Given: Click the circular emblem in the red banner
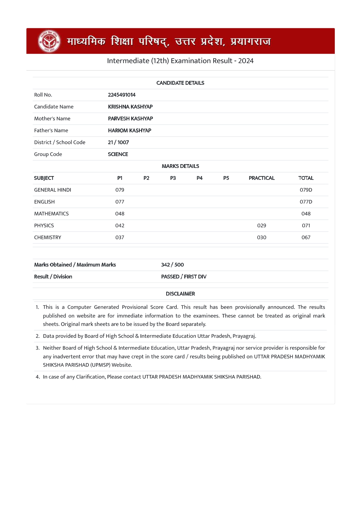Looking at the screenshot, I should coord(50,41).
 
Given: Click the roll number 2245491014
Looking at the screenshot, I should coord(122,95).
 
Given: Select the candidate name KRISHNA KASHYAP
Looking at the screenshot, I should coord(130,107).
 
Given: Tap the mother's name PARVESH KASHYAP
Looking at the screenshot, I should coord(130,119).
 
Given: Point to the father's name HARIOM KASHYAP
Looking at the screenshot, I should coord(129,131).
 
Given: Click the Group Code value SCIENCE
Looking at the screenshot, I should coord(118,154).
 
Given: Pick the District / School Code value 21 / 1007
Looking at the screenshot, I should coord(118,142).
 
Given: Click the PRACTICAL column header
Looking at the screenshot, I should coord(261,178).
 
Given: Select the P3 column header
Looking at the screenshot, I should coord(173,178).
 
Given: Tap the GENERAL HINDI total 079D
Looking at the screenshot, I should coord(306,190).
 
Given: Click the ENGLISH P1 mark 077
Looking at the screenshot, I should coord(120,202).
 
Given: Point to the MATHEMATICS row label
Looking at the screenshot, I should coord(51,214).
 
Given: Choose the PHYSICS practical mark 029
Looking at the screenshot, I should coord(261,226).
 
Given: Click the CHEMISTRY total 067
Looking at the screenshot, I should coord(306,238).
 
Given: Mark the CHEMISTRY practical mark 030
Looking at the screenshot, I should coord(261,238).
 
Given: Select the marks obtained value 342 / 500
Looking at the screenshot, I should coord(172,265).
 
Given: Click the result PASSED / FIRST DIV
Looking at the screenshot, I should coord(184,277).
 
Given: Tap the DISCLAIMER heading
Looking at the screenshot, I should coord(180,294).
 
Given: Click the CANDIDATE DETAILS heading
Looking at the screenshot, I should coord(180,83).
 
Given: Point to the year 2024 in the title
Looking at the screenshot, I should coord(246,61).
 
